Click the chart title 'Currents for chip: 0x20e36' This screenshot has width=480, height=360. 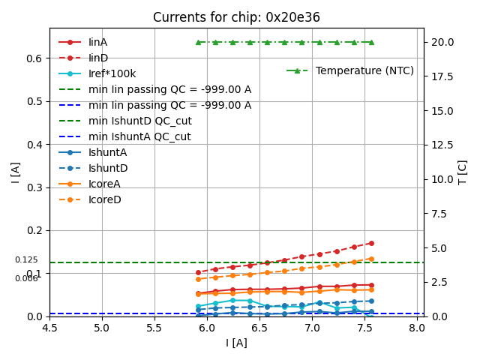click(236, 17)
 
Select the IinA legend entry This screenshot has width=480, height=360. click(98, 42)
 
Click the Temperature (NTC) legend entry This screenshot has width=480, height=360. click(364, 70)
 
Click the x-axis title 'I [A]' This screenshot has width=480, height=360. click(236, 343)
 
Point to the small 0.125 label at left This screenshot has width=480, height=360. click(26, 259)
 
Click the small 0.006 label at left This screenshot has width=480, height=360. click(26, 278)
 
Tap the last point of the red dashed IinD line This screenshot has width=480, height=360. click(371, 243)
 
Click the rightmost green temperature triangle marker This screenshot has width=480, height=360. click(371, 42)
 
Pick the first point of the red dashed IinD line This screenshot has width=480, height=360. click(198, 272)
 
